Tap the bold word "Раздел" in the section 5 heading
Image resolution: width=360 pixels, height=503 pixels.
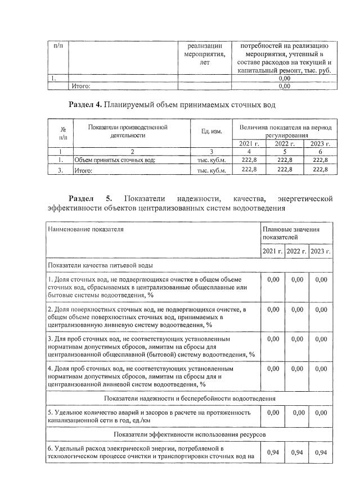[x=84, y=199]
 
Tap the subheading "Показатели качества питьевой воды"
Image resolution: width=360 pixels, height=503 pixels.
[x=101, y=265]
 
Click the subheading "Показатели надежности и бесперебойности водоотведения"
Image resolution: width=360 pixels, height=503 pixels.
[x=189, y=398]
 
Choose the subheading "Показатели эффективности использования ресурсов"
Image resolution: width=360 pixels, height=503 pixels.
[x=189, y=435]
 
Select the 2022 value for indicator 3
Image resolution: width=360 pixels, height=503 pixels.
[x=296, y=339]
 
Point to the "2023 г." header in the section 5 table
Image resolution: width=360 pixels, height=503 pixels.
[x=320, y=251]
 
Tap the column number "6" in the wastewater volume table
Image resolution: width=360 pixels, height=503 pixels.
[x=319, y=151]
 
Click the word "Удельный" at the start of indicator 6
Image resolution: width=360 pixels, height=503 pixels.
[x=71, y=449]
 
